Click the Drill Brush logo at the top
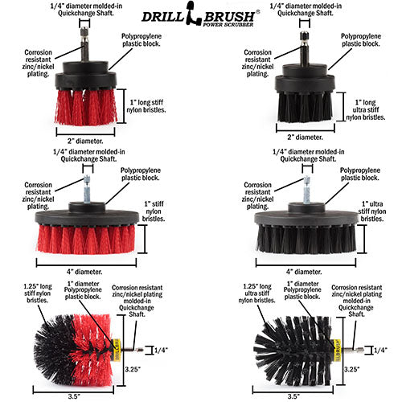tap(200, 14)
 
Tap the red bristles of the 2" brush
tap(86, 107)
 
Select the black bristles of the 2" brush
tap(305, 107)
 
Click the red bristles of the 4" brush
tap(86, 239)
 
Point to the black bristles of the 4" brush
tap(306, 239)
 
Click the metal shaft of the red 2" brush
tap(84, 45)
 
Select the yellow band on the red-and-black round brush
tap(117, 350)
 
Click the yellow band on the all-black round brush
tap(337, 350)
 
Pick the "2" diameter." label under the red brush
tap(85, 141)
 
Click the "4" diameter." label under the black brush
tap(304, 272)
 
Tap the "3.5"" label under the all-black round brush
tap(293, 396)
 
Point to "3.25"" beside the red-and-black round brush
tap(133, 369)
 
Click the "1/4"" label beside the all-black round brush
tap(380, 350)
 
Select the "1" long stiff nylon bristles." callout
tap(146, 106)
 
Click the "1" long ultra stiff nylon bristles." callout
tap(366, 110)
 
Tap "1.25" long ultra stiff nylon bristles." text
tap(256, 293)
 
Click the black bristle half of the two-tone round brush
tap(55, 348)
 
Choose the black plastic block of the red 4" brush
tap(87, 214)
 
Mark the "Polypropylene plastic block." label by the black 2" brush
tap(361, 40)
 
